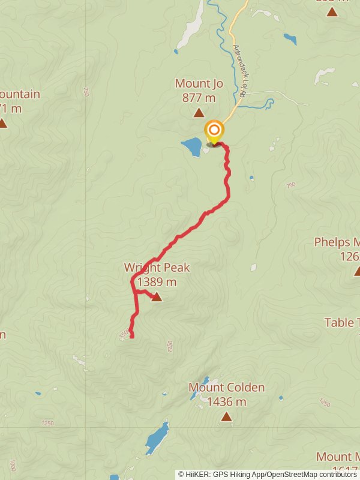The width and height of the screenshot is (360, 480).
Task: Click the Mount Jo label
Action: pyautogui.click(x=199, y=83)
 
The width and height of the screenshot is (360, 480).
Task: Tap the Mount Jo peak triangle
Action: pyautogui.click(x=199, y=112)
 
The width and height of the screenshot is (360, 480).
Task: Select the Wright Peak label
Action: pyautogui.click(x=157, y=268)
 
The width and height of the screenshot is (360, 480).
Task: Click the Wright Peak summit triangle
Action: pyautogui.click(x=157, y=296)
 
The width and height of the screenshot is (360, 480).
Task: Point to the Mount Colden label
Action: pyautogui.click(x=226, y=388)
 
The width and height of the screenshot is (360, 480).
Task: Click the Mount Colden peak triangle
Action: pyautogui.click(x=226, y=416)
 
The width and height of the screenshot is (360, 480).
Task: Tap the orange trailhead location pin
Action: pyautogui.click(x=214, y=131)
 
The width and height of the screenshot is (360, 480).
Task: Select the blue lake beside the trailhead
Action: pyautogui.click(x=192, y=146)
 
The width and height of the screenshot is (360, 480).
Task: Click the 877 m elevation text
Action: pyautogui.click(x=199, y=97)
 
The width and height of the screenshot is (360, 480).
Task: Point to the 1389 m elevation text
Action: pyautogui.click(x=157, y=281)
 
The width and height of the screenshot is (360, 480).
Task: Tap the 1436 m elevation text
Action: pyautogui.click(x=226, y=402)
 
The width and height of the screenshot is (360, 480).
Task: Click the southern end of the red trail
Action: pyautogui.click(x=131, y=337)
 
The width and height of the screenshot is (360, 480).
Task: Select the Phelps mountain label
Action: pyautogui.click(x=337, y=242)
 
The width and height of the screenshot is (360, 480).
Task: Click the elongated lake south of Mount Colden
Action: pyautogui.click(x=157, y=437)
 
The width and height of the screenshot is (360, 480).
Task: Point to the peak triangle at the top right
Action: pyautogui.click(x=332, y=11)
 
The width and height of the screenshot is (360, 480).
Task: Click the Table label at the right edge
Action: pyautogui.click(x=341, y=323)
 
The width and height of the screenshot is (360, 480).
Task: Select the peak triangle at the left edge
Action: pyautogui.click(x=3, y=123)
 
